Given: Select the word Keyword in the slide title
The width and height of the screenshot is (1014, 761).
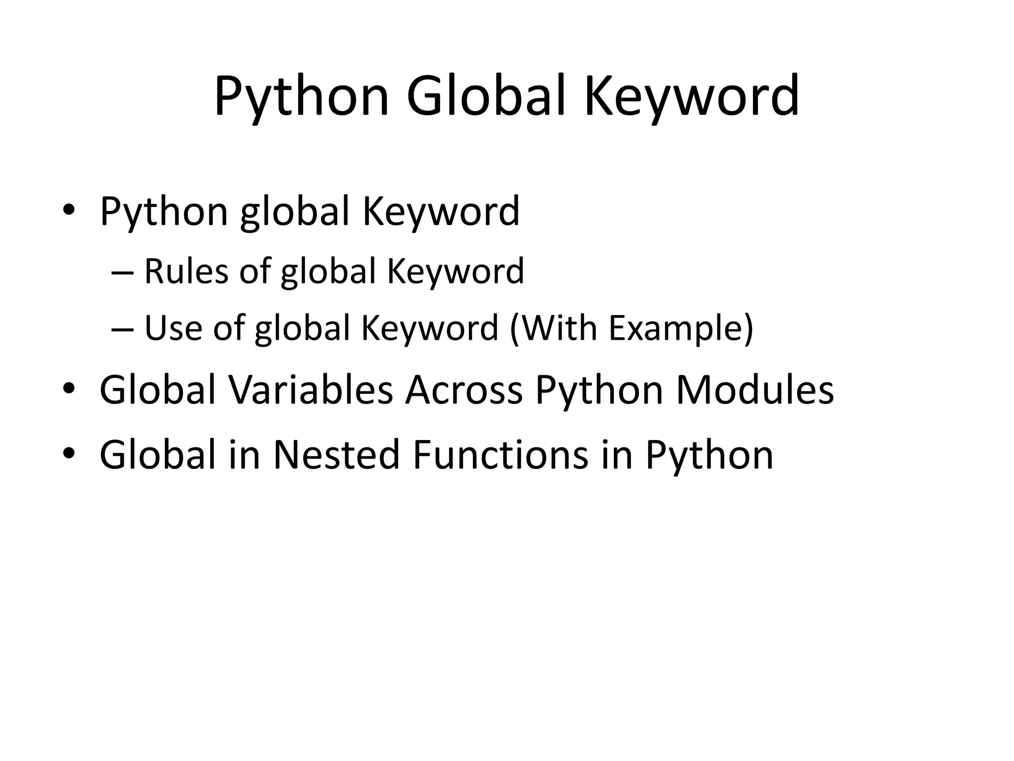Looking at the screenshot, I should pos(692,97).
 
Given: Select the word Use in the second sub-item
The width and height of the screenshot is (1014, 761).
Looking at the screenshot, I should pos(173,327).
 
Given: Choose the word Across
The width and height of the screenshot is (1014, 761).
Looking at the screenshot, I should pos(463,389).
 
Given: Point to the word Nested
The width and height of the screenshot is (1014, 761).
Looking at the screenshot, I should pos(336,455).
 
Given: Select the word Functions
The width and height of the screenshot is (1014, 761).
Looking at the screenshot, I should pos(501,455).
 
